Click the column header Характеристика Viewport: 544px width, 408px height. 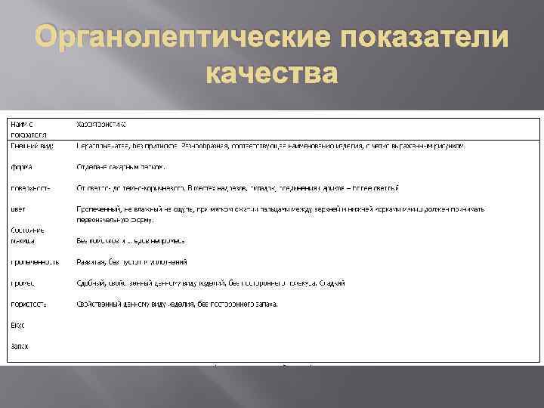pos(101,122)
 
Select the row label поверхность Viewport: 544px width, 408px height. pos(31,188)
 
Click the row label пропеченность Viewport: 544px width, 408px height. pos(35,262)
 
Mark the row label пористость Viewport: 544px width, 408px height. pos(29,304)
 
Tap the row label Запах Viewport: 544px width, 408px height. pos(20,346)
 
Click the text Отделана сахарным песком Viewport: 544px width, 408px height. pos(121,166)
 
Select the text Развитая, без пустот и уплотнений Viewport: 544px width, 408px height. pos(131,262)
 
